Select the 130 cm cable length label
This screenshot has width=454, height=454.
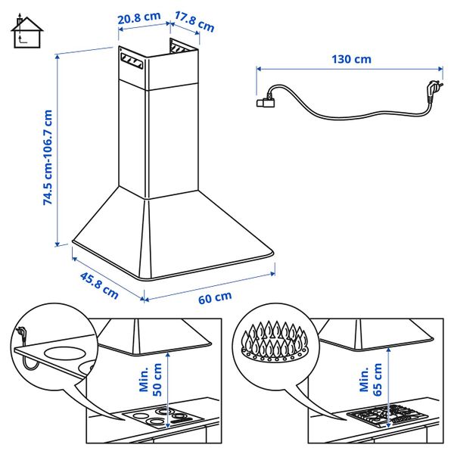click(351, 58)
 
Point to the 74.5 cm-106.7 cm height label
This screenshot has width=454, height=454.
click(48, 157)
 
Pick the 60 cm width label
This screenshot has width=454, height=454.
click(215, 297)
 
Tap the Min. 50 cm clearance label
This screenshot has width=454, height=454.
click(149, 379)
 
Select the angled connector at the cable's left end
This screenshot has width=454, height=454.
click(267, 97)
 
